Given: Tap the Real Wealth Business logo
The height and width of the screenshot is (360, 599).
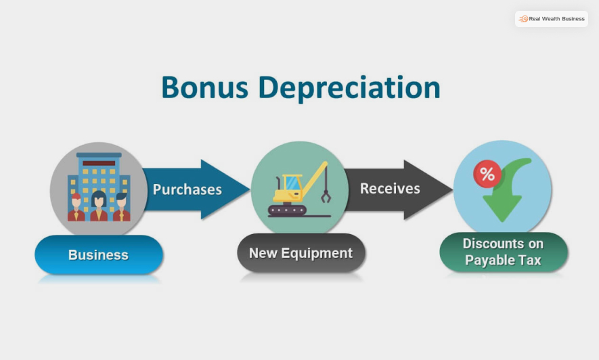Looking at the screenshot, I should [x=552, y=19].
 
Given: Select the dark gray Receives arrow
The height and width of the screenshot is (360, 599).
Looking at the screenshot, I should [x=399, y=189].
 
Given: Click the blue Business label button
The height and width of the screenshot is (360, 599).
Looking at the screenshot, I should [x=99, y=255].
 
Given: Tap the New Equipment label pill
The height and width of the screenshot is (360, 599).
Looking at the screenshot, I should [x=301, y=254].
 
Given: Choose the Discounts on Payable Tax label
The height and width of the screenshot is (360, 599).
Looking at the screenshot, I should [x=503, y=252].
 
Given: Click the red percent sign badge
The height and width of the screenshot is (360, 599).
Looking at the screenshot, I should [x=487, y=174].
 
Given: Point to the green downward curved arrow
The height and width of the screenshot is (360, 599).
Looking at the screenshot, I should [x=508, y=193].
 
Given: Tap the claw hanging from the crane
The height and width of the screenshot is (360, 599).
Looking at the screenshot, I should [x=326, y=196].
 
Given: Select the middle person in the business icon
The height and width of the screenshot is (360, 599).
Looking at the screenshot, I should [x=99, y=206].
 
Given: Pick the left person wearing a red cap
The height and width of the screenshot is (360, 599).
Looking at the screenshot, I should [x=76, y=208].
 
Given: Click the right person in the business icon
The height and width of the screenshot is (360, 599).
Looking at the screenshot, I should [x=122, y=208].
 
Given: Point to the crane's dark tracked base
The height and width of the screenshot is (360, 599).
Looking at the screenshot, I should [x=287, y=210].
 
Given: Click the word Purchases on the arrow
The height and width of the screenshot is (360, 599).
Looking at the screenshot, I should [x=187, y=189].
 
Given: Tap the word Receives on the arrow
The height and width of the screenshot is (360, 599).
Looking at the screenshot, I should [x=390, y=189].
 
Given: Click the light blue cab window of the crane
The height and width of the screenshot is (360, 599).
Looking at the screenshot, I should [x=292, y=183].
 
